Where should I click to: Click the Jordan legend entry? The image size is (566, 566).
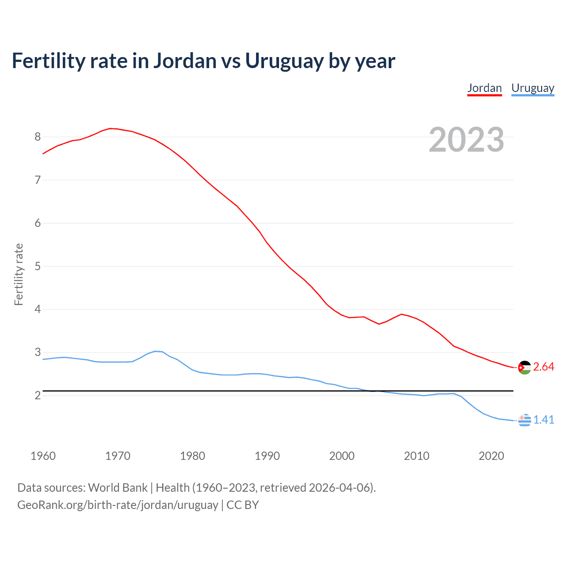484,88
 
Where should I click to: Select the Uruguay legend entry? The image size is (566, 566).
532,88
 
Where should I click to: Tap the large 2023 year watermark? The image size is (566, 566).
466,140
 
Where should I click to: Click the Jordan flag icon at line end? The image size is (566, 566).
524,367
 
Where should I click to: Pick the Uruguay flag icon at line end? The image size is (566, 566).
524,420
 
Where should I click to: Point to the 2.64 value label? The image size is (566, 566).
543,367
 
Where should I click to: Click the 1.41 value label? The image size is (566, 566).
543,420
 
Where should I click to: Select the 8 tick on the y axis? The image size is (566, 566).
38,137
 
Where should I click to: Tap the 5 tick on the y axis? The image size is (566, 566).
38,266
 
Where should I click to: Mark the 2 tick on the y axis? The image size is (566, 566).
38,395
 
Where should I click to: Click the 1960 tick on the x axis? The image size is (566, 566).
43,456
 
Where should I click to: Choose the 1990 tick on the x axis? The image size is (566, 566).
267,456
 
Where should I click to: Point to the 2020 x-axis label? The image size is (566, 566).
491,456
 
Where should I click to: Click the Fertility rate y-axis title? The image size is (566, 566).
19,274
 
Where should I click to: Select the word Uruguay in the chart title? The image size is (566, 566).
284,61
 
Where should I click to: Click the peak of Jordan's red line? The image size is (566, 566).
111,128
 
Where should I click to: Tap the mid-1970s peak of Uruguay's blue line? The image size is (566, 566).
156,351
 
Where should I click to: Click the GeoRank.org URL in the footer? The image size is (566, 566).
118,505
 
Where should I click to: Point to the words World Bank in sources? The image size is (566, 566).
118,488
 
